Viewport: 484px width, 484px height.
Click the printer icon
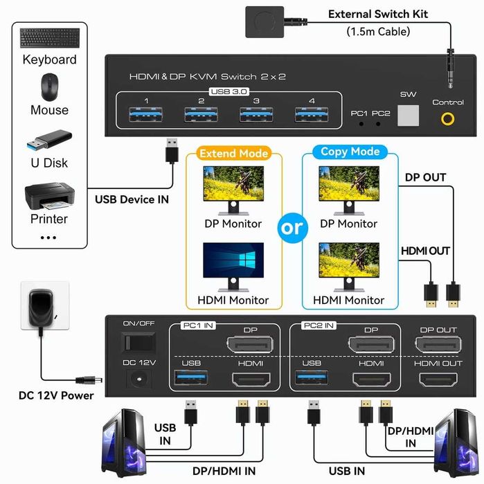pos(49,197)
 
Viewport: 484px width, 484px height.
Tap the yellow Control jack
pos(449,118)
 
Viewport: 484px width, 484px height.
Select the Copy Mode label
pos(350,152)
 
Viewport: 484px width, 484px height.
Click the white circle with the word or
pos(292,227)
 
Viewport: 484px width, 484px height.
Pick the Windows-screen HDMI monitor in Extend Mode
pos(233,265)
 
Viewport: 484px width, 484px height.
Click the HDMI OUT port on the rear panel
pos(438,379)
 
